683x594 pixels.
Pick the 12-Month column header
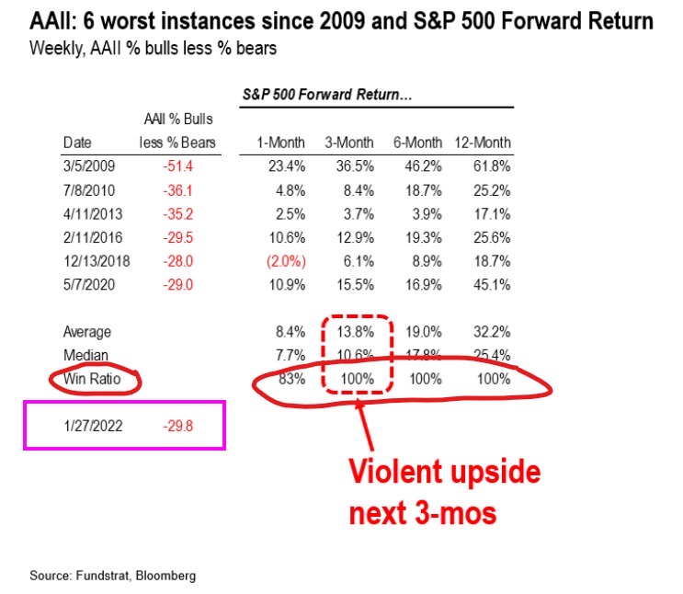point(483,143)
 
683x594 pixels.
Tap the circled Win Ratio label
point(94,379)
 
